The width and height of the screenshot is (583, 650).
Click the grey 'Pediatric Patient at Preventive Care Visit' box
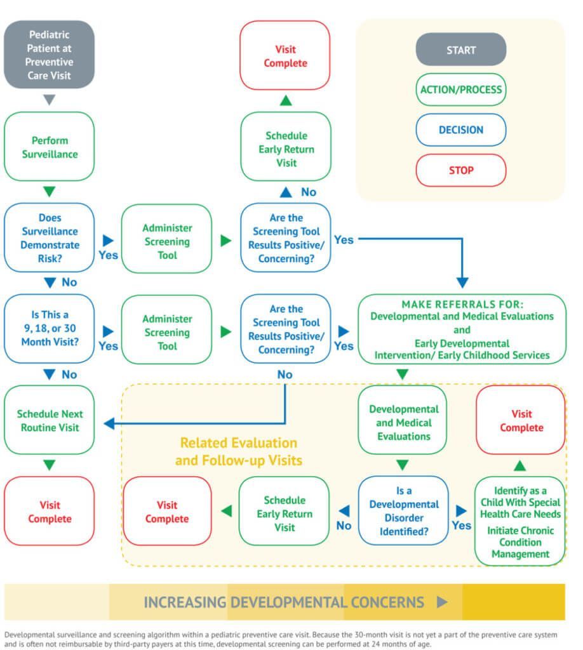pyautogui.click(x=49, y=55)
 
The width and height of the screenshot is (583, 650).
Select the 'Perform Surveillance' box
pyautogui.click(x=49, y=147)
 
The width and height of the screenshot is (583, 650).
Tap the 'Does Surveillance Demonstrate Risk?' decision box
pyautogui.click(x=49, y=238)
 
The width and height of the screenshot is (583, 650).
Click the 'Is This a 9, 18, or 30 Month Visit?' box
pyautogui.click(x=49, y=329)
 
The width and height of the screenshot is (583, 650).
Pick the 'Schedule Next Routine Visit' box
pyautogui.click(x=49, y=420)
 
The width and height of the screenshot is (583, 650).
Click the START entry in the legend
pyautogui.click(x=460, y=50)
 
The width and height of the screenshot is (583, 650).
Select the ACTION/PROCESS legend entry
pyautogui.click(x=460, y=90)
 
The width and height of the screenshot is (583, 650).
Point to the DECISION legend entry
pyautogui.click(x=460, y=130)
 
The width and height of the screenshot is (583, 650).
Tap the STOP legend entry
pyautogui.click(x=460, y=170)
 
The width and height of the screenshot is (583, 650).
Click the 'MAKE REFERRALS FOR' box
pyautogui.click(x=461, y=329)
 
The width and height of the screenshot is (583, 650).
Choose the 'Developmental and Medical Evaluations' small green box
pyautogui.click(x=403, y=422)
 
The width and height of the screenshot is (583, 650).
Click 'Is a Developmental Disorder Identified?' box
pyautogui.click(x=403, y=511)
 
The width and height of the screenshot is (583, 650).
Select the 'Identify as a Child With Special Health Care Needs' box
pyautogui.click(x=520, y=521)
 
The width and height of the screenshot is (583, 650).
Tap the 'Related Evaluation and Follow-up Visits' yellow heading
pyautogui.click(x=238, y=451)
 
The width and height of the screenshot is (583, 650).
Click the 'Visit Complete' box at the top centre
pyautogui.click(x=285, y=56)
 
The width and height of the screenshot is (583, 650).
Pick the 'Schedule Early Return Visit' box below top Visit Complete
pyautogui.click(x=286, y=149)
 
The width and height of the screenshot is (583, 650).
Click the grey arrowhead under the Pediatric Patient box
pyautogui.click(x=49, y=100)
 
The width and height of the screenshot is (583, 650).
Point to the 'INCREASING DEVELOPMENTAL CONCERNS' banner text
pyautogui.click(x=283, y=602)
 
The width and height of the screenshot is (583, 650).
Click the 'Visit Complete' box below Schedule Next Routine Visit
pyautogui.click(x=49, y=512)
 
